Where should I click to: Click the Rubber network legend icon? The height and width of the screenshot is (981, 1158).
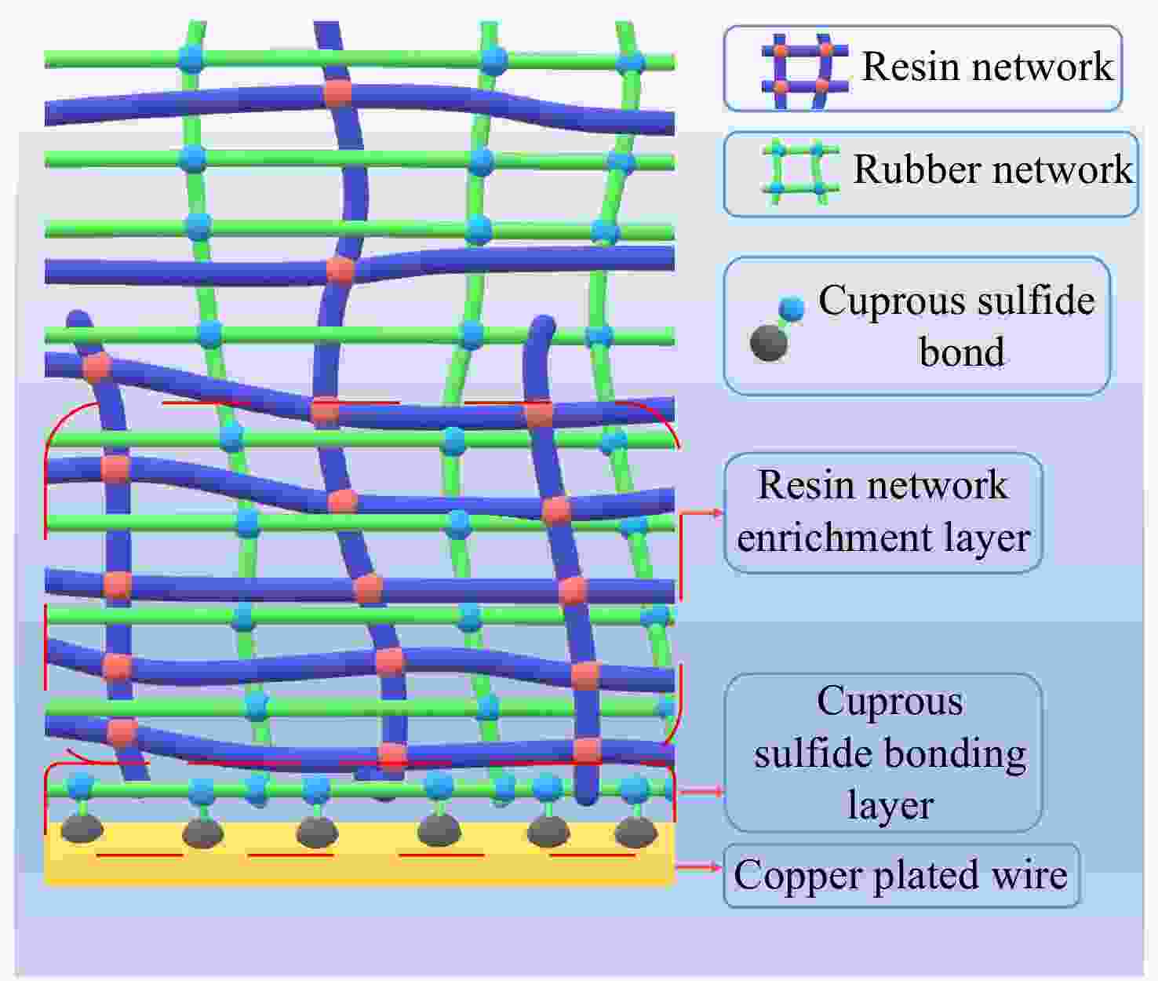[800, 173]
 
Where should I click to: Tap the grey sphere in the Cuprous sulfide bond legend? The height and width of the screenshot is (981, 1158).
[769, 343]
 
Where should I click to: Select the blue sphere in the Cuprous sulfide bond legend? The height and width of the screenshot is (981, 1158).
[792, 308]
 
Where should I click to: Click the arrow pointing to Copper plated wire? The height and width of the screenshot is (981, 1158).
[698, 867]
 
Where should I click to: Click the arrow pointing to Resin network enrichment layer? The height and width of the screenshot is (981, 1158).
[701, 512]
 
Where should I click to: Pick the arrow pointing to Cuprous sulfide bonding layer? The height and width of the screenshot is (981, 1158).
[700, 790]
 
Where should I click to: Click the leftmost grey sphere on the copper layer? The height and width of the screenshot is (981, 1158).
[82, 829]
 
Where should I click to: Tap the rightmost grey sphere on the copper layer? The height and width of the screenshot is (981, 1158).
[635, 832]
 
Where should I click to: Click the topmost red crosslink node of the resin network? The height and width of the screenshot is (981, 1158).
[338, 93]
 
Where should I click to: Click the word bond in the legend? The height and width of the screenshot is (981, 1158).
[961, 352]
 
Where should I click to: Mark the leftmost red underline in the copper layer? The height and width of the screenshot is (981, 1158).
[139, 855]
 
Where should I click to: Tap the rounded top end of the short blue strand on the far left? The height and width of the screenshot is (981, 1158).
[78, 317]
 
